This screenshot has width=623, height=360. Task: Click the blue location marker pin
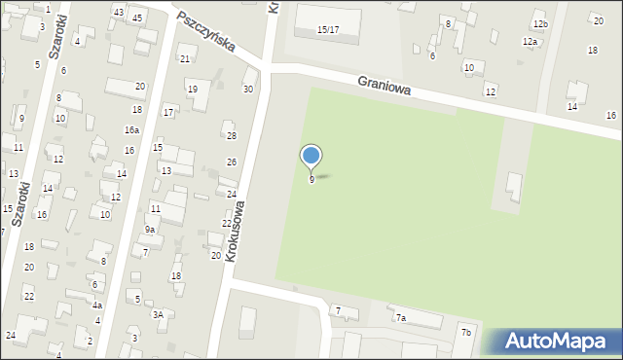pos(311,156)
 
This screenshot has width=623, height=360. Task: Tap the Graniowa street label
pos(384,87)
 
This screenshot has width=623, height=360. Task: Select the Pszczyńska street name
pos(208,33)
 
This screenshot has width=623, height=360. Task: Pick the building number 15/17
pos(328,30)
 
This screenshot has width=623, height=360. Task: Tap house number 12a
pos(530,42)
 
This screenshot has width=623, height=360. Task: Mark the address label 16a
pos(131,130)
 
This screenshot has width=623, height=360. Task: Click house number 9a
pos(150,230)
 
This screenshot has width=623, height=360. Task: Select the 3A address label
pos(158,314)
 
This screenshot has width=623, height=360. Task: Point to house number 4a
pos(97,305)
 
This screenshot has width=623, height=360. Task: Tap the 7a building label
pos(400,317)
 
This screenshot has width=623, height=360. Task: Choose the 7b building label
pos(466,333)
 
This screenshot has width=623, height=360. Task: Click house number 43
pos(118,12)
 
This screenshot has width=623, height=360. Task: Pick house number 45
pos(137,18)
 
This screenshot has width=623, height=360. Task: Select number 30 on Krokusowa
pos(248,90)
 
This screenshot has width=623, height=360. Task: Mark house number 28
pos(231,136)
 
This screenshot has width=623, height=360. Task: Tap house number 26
pos(232,162)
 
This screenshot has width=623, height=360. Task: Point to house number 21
pos(185,59)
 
